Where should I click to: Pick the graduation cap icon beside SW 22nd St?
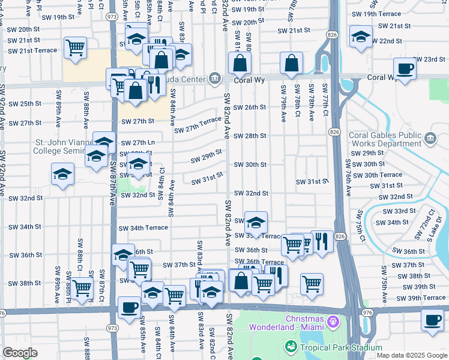(x=361, y=38)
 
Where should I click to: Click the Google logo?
(x=20, y=353)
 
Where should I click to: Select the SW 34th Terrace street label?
(x=143, y=228)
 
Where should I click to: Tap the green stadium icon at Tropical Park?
(x=291, y=347)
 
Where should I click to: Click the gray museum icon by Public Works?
(x=430, y=139)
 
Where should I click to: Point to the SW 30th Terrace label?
(x=378, y=175)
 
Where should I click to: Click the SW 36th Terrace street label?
(x=259, y=262)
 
